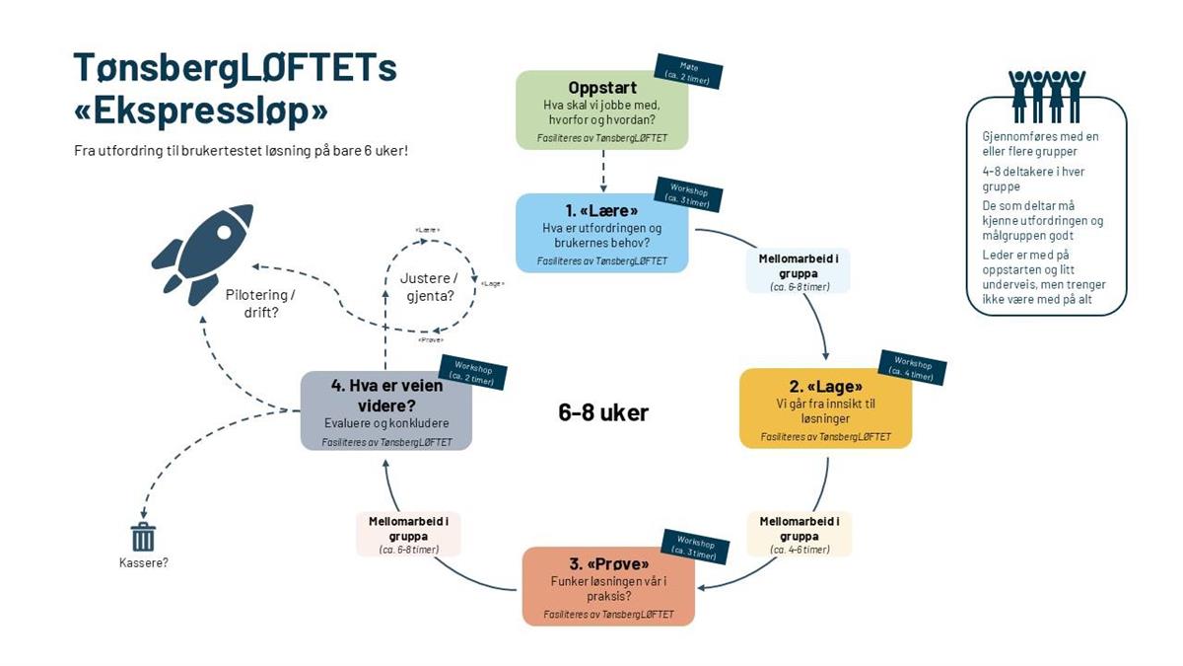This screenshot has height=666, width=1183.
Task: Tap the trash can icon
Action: pos(143,537)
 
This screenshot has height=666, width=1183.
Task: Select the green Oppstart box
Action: pos(601,110)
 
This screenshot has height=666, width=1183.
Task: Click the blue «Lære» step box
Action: pos(601,233)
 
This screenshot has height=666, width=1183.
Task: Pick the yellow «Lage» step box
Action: pos(826,408)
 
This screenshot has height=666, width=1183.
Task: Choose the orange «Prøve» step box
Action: pos(608,586)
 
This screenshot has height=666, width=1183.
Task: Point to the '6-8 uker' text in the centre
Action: pos(603,412)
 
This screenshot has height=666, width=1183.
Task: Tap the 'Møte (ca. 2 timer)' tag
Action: pos(689,71)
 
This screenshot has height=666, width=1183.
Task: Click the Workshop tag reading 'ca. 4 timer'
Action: pos(912,367)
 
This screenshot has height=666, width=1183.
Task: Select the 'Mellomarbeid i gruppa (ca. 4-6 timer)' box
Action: pos(799,534)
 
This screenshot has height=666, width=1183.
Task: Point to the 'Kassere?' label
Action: pos(143,563)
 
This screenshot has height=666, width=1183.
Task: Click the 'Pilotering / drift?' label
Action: pos(260,303)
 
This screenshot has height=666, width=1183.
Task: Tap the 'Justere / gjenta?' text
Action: pos(428,286)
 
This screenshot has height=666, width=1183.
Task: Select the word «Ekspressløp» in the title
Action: pos(201,111)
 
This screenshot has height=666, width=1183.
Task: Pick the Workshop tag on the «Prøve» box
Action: pos(696,549)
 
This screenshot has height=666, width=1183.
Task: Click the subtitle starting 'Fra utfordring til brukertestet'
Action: pos(241,151)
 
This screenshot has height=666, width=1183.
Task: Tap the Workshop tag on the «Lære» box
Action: pos(689,192)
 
